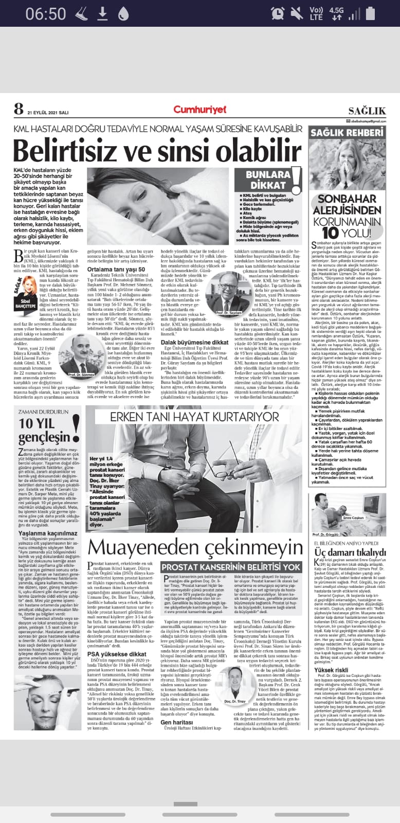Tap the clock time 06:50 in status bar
(46, 13)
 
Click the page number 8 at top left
(19, 109)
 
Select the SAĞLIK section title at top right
(367, 111)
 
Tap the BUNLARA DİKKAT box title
(268, 181)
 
